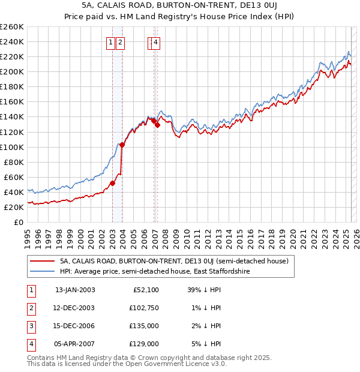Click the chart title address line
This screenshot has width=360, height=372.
click(179, 7)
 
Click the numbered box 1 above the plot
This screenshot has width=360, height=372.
click(112, 43)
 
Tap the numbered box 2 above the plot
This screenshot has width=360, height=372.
click(121, 43)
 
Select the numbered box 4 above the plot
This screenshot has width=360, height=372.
click(155, 43)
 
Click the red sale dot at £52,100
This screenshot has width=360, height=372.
click(112, 183)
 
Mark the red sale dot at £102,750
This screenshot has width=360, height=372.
click(122, 145)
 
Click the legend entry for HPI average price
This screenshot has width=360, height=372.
click(155, 271)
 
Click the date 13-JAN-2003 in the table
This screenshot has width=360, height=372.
click(75, 290)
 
